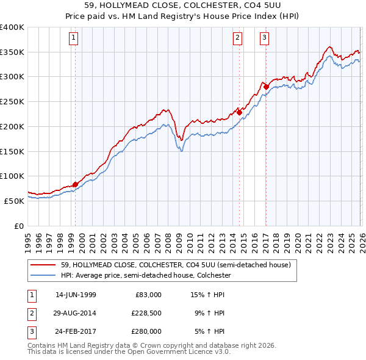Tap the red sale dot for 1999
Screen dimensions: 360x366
point(76,184)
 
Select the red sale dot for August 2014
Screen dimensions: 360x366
point(240,112)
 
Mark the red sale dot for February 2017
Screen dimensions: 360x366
point(266,87)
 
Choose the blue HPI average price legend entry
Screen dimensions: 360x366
point(145,276)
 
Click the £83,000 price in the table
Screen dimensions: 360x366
point(148,294)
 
